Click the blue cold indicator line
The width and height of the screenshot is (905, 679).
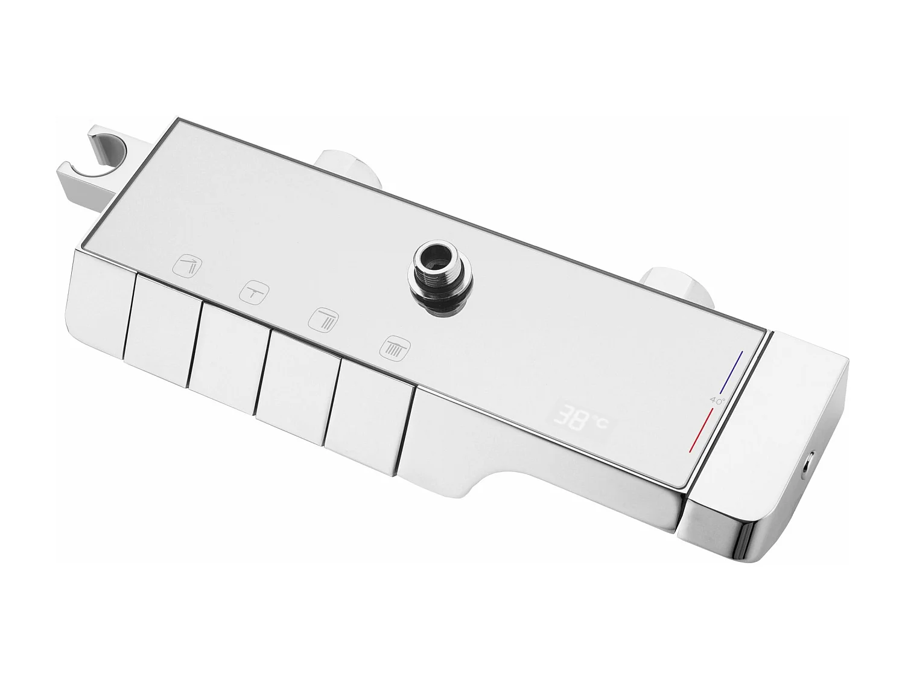pos(733,372)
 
